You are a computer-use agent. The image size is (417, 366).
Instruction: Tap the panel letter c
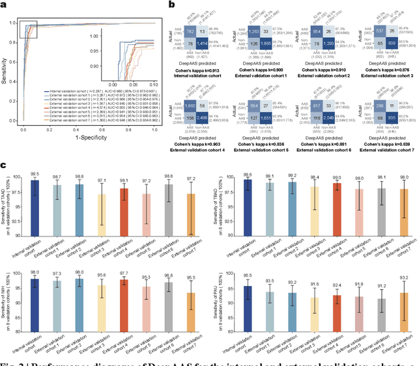pyautogui.click(x=4, y=167)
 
